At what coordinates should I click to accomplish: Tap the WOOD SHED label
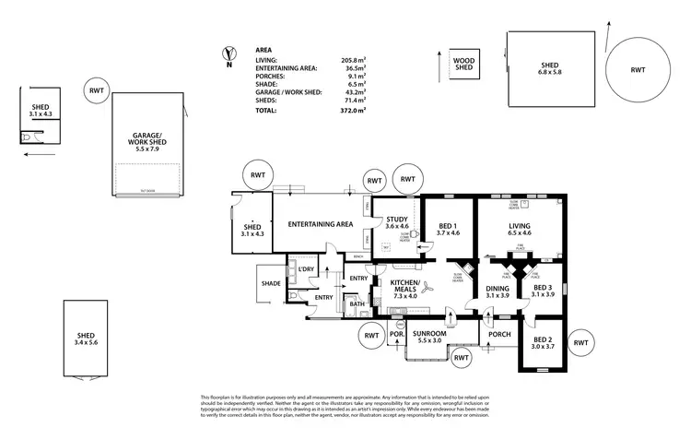[463, 64]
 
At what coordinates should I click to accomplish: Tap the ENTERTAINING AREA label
[321, 224]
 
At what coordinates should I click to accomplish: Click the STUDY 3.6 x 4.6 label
[396, 222]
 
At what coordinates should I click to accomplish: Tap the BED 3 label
[544, 291]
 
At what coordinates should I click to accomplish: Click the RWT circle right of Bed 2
[581, 342]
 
